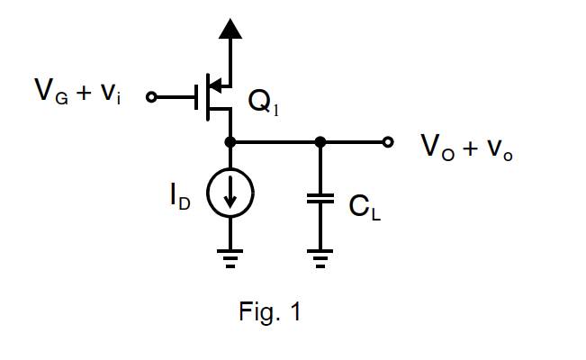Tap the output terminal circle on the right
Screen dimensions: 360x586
pos(388,142)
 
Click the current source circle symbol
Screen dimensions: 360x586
pos(230,193)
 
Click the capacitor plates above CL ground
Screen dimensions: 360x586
pos(320,200)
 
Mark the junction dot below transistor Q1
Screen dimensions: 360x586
pos(230,142)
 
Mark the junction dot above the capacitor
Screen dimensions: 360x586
pos(320,142)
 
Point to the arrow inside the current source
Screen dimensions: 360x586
pos(230,195)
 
